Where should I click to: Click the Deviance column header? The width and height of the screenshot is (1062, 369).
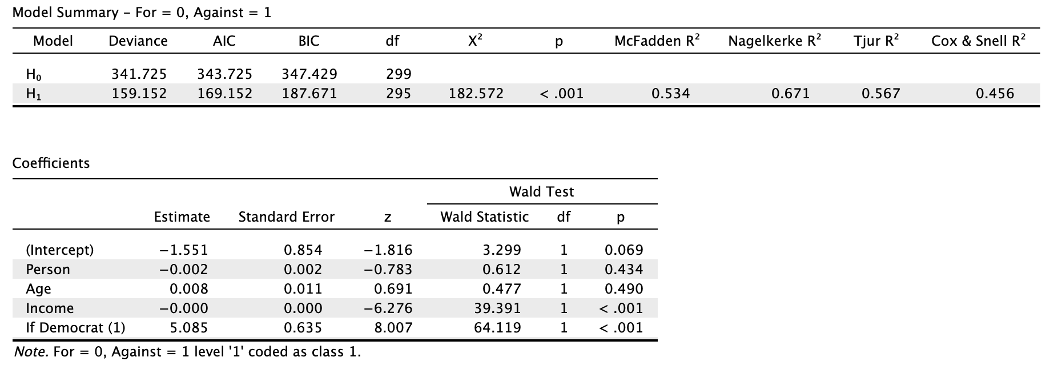(x=138, y=41)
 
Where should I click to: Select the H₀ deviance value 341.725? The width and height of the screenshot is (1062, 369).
(x=139, y=74)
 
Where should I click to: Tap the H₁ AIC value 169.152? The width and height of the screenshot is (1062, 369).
(x=224, y=94)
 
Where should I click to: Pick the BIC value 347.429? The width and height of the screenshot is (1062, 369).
(x=309, y=74)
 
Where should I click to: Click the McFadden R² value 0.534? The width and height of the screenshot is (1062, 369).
(x=670, y=94)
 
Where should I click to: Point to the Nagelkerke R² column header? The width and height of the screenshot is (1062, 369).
(x=775, y=41)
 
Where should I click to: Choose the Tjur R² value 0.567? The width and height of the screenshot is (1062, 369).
(x=880, y=94)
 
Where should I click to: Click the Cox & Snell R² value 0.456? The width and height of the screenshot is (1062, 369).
(x=995, y=94)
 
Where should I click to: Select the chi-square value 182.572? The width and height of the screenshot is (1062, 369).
(x=476, y=94)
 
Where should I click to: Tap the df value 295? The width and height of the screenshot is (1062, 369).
(x=398, y=94)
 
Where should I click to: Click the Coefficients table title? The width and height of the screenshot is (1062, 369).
(x=51, y=163)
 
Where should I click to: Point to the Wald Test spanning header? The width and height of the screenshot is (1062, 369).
(x=541, y=192)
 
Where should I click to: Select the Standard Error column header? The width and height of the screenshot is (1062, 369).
(x=286, y=217)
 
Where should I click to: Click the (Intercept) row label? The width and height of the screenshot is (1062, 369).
(x=59, y=250)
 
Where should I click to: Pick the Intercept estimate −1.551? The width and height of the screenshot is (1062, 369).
(x=184, y=250)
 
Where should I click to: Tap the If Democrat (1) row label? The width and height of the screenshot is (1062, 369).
(x=75, y=328)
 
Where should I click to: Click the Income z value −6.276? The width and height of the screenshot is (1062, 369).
(x=388, y=308)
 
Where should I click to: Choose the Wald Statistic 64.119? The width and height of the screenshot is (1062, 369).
(x=497, y=328)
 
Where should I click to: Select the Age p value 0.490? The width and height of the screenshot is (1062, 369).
(x=623, y=289)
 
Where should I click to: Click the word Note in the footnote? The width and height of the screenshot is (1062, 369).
(x=31, y=352)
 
